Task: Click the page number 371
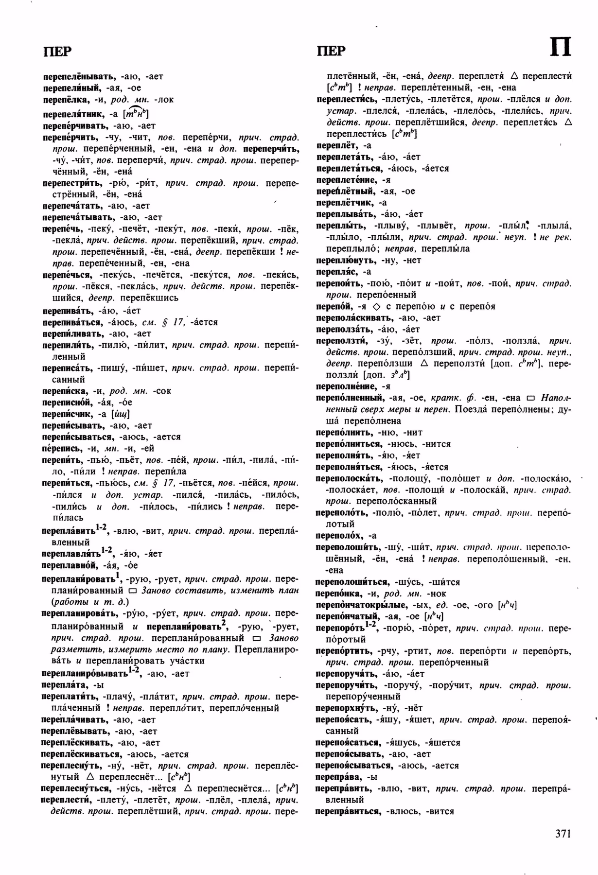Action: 563,834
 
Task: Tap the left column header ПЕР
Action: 57,51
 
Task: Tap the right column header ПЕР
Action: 331,51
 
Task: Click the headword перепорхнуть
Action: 346,708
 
